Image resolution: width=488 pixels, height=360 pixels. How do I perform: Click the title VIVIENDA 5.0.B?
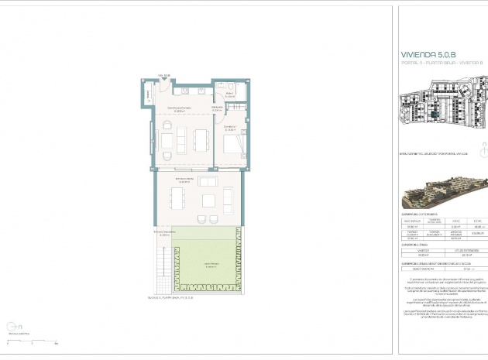428,56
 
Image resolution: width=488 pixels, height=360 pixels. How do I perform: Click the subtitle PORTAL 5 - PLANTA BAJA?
435,65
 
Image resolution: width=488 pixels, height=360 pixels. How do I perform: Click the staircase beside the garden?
163,264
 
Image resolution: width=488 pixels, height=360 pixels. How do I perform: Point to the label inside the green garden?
209,266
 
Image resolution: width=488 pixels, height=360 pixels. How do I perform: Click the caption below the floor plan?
174,297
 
